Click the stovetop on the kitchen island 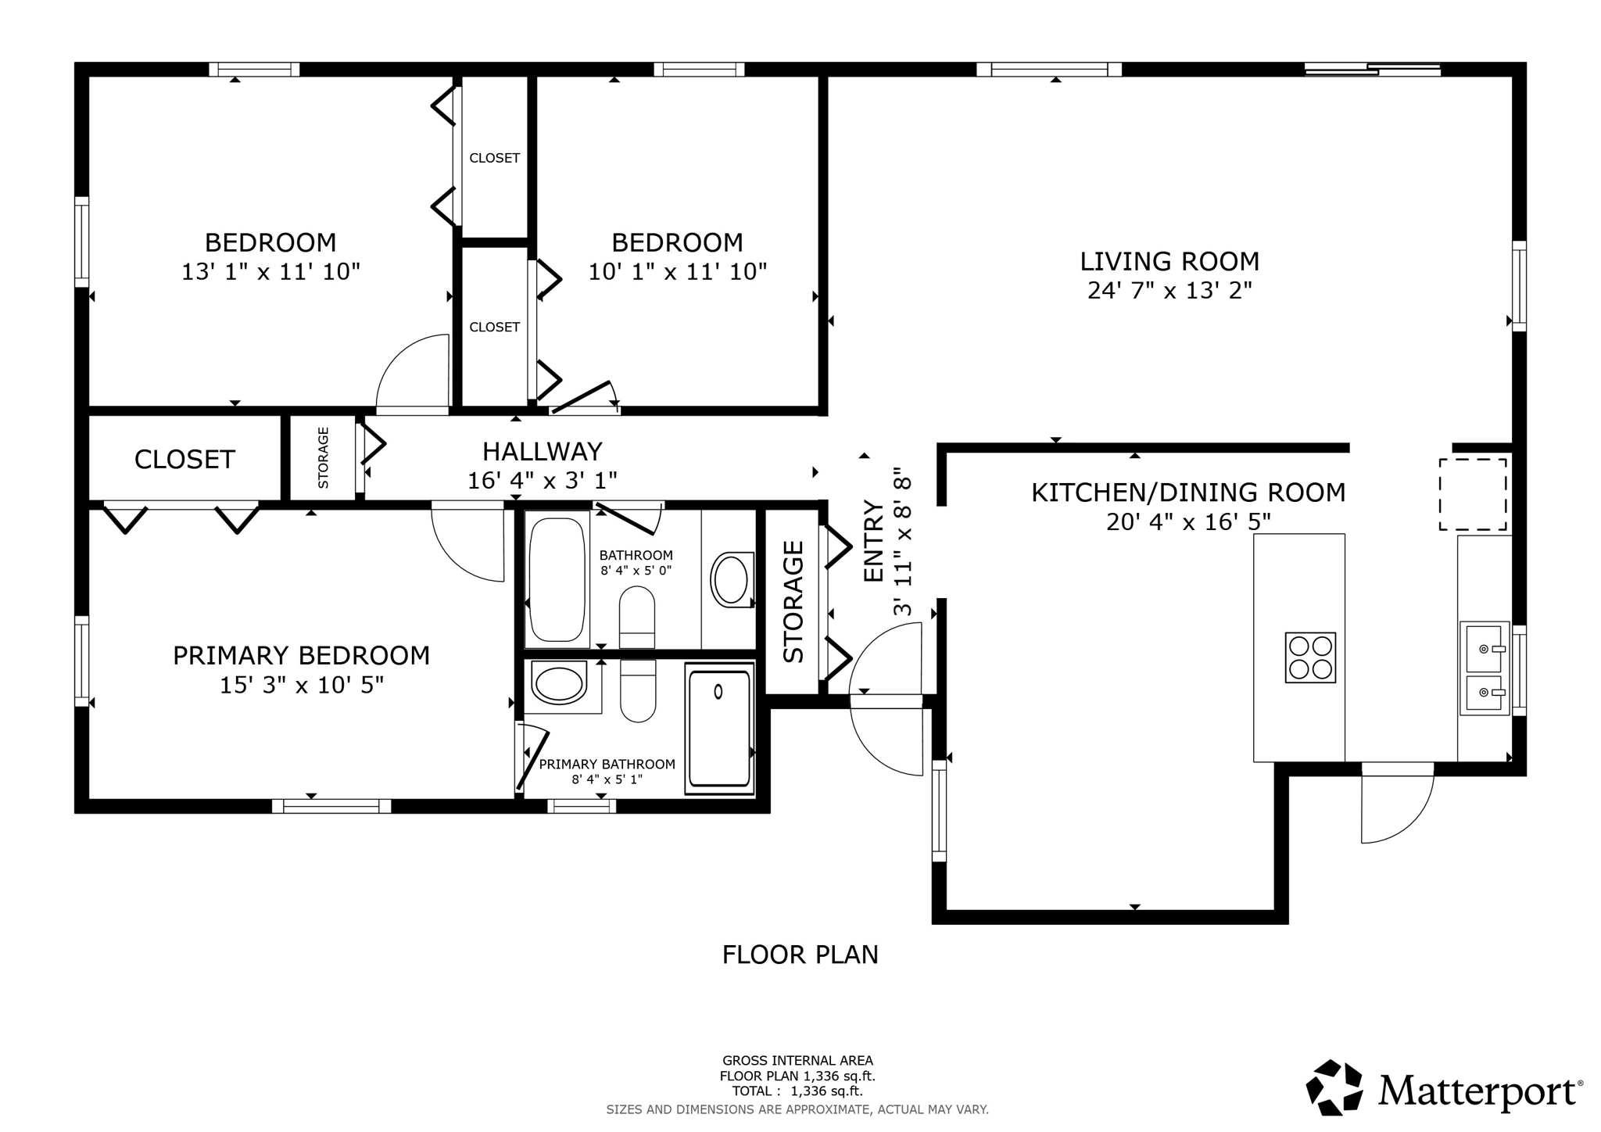point(1310,657)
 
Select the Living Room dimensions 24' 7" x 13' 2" point(1169,291)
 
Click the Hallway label point(542,452)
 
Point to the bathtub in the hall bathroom point(557,579)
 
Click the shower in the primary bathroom point(719,729)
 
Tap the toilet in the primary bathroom point(638,691)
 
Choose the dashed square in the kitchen point(1473,495)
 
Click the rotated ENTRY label point(873,541)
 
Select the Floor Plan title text point(800,955)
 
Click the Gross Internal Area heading point(797,1061)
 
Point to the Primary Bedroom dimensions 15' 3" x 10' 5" point(301,686)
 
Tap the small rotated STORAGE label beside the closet point(324,458)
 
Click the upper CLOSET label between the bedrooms point(494,158)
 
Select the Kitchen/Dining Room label point(1188,493)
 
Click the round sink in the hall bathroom point(731,579)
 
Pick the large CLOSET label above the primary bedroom point(184,460)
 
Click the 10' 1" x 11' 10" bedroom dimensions point(677,272)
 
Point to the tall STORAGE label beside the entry point(793,601)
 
